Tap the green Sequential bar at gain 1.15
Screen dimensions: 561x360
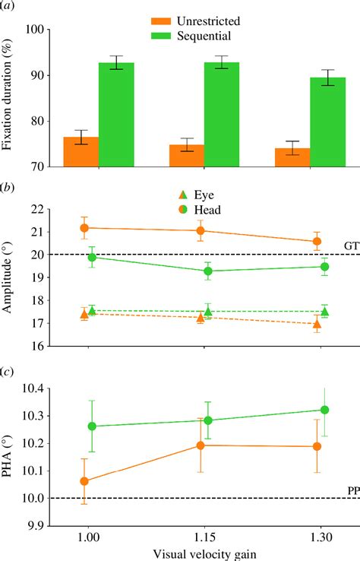(222, 114)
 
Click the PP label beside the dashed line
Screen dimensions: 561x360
(353, 490)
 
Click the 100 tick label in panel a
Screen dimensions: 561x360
(38, 30)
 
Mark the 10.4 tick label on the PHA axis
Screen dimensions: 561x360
(35, 389)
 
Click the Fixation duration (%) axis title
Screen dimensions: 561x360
(9, 98)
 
